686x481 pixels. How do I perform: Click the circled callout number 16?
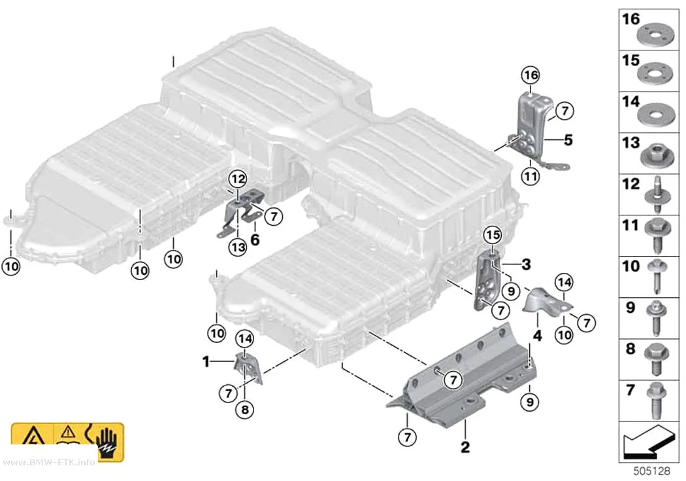(x=531, y=75)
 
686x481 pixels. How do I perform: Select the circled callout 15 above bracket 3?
(x=493, y=235)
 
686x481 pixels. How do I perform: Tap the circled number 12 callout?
(x=238, y=179)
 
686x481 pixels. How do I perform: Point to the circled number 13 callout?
(x=238, y=247)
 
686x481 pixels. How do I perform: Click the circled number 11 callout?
(x=531, y=177)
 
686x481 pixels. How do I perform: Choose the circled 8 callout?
(x=244, y=410)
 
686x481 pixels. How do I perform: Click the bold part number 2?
(x=465, y=447)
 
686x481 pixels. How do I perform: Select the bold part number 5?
(x=568, y=140)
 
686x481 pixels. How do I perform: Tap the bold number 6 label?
(x=255, y=240)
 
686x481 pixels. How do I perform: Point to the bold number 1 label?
(x=206, y=363)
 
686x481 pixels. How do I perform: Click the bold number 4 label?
(x=537, y=336)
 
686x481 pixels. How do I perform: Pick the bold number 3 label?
(x=527, y=264)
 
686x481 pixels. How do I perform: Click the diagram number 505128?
(x=652, y=471)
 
